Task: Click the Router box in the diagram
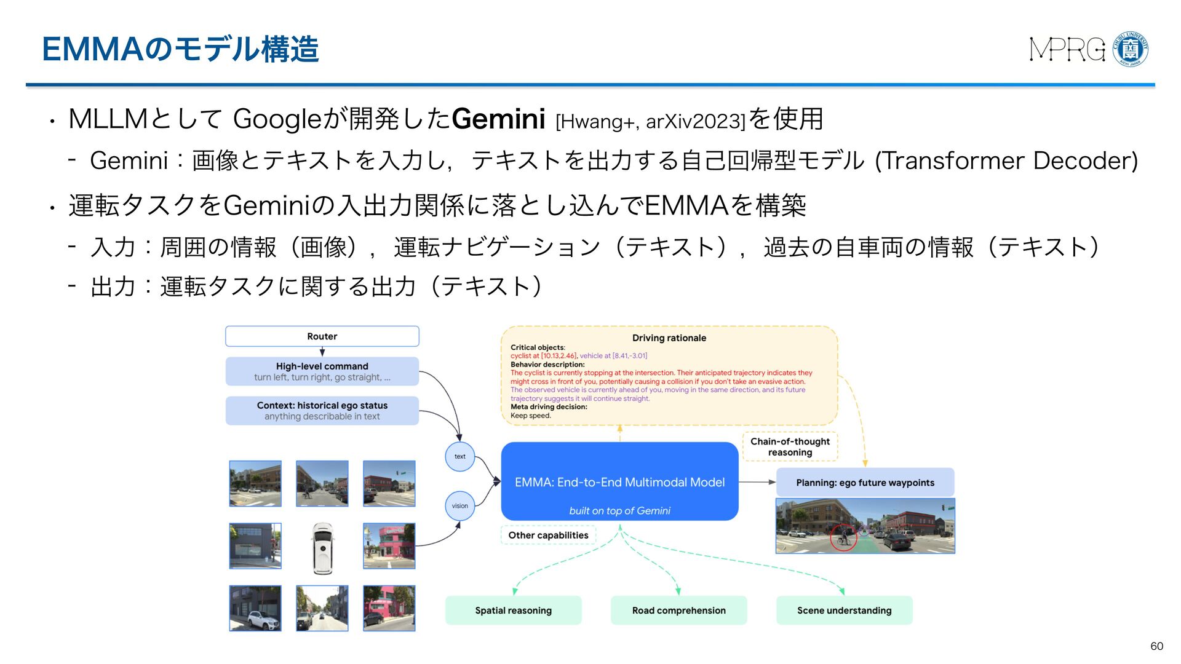pos(322,336)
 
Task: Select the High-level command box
pos(322,371)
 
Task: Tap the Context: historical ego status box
pos(322,411)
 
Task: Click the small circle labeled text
pos(460,457)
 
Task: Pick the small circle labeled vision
pos(460,506)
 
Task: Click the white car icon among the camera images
pos(322,548)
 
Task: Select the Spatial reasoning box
pos(513,611)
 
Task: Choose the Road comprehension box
pos(678,611)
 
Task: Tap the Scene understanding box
pos(844,611)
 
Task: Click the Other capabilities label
pos(548,536)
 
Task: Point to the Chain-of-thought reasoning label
pos(790,447)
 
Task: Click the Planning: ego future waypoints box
pos(865,483)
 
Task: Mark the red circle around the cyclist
pos(843,538)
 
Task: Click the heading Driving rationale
pos(669,338)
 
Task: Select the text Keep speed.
pos(531,416)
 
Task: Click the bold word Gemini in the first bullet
pos(498,119)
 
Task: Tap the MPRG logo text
pos(1067,49)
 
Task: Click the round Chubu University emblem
pos(1131,49)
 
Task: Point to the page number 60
pos(1156,646)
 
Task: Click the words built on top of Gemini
pos(619,511)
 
